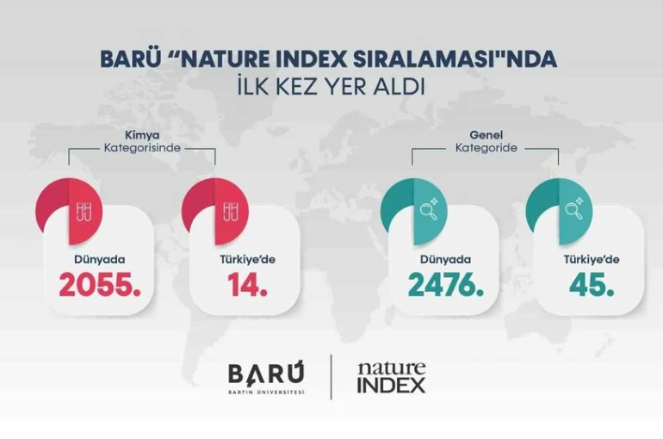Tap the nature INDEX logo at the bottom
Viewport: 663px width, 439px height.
pos(391,377)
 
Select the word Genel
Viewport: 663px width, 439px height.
pos(486,136)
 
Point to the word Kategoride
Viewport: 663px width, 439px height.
pos(486,149)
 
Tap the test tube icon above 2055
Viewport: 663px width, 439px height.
pos(84,209)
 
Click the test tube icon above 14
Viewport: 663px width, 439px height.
pos(230,209)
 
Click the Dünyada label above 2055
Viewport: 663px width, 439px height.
pos(99,257)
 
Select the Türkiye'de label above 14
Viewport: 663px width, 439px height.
pos(248,257)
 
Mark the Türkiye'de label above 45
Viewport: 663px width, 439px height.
pos(592,257)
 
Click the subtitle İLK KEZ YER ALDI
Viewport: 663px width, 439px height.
pos(331,86)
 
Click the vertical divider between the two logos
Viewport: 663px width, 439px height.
pos(331,377)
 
